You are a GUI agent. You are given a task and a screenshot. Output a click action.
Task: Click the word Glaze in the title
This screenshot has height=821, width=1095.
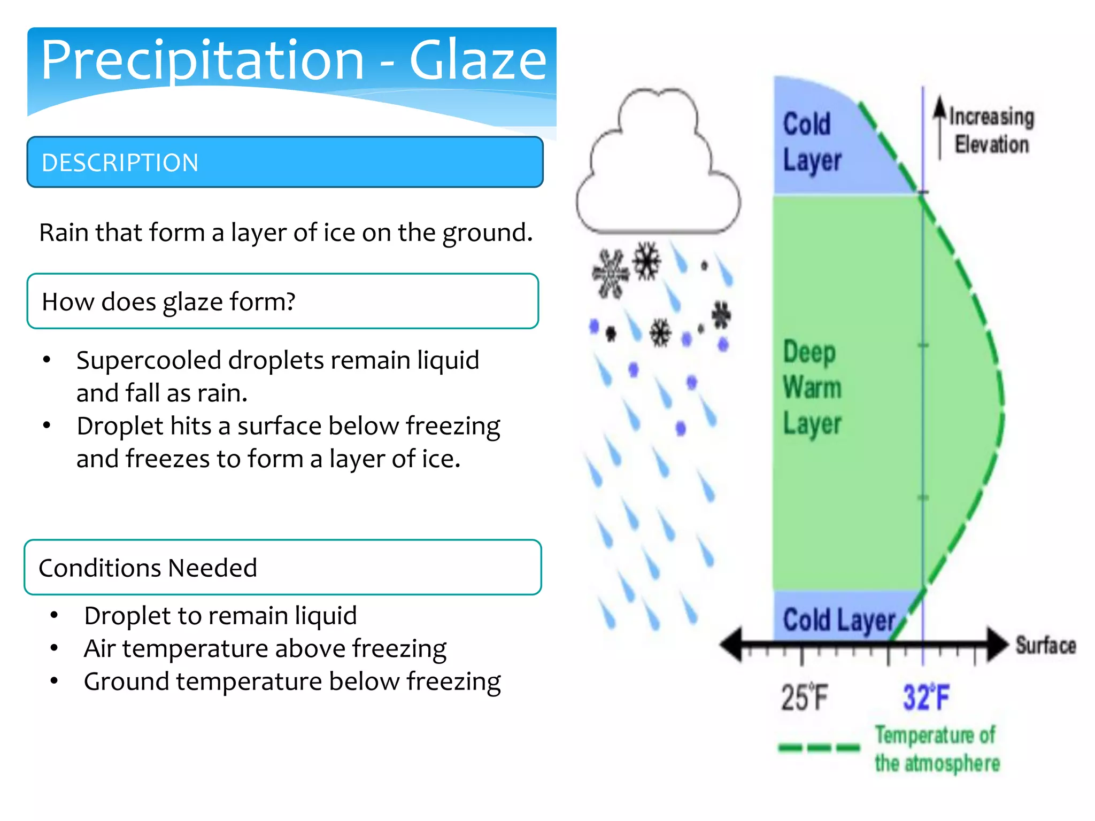click(477, 60)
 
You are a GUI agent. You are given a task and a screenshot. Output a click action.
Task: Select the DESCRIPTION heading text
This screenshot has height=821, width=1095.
click(120, 162)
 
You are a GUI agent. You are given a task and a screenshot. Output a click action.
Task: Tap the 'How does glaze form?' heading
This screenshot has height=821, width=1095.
click(168, 301)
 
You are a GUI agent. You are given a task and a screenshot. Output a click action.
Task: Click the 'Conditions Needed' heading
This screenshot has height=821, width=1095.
click(148, 568)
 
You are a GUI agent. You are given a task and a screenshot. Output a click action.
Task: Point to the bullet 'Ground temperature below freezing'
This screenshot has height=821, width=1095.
click(292, 681)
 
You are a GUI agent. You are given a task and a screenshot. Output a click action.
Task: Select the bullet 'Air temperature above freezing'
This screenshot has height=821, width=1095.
click(265, 648)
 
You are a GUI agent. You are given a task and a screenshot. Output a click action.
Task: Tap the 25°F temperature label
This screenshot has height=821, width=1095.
click(804, 698)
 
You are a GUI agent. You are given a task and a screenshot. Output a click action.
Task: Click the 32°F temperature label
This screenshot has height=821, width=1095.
click(926, 698)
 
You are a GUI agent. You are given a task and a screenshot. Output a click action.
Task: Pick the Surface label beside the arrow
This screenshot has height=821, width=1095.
click(1045, 645)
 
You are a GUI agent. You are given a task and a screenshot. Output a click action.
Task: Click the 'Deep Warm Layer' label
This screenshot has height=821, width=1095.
click(812, 388)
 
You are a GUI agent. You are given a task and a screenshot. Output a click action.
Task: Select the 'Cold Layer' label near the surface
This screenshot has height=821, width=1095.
click(838, 621)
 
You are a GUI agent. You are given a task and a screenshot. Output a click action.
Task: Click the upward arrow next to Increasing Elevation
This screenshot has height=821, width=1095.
click(939, 126)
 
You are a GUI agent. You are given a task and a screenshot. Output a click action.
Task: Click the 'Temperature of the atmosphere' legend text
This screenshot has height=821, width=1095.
click(936, 749)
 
